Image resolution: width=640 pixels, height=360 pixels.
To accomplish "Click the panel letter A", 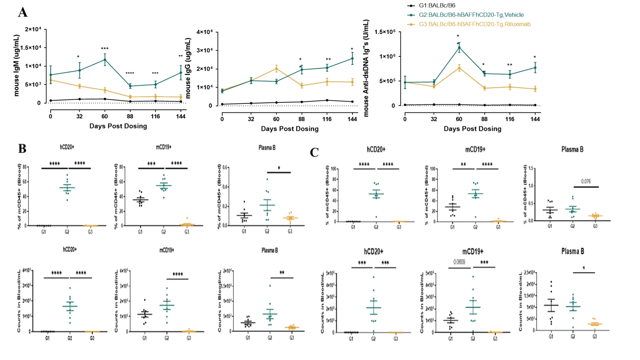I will (23, 12).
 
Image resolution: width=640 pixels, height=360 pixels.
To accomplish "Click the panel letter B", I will (22, 149).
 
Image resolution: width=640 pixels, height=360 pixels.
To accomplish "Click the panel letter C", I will (314, 153).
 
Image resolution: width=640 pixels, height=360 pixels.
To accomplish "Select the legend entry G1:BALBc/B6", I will (437, 5).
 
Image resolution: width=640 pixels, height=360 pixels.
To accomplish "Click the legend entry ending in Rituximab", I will (474, 24).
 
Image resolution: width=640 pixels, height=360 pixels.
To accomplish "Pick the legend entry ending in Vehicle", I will (471, 15).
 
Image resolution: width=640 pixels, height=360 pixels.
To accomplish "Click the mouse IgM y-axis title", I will (17, 65).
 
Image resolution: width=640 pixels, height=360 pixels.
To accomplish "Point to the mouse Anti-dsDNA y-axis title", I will (366, 68).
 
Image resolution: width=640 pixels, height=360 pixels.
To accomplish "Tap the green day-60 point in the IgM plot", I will (104, 59).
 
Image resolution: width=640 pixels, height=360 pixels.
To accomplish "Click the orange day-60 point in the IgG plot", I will (276, 69).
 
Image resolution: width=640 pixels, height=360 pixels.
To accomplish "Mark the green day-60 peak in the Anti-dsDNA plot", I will (459, 48).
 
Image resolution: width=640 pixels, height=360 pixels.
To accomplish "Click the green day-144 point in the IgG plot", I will (352, 59).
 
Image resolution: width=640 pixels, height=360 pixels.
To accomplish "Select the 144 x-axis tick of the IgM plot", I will (180, 116).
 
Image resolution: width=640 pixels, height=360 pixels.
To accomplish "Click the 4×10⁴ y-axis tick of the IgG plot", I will (205, 32).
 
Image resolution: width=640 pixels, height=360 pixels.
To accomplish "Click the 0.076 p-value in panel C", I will (586, 181).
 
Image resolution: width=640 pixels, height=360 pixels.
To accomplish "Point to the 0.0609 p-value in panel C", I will (459, 262).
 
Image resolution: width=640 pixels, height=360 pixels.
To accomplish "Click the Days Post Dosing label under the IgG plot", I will (289, 129).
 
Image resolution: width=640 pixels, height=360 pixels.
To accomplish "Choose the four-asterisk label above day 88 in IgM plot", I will (130, 73).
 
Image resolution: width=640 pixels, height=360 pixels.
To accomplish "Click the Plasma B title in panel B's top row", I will (267, 148).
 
